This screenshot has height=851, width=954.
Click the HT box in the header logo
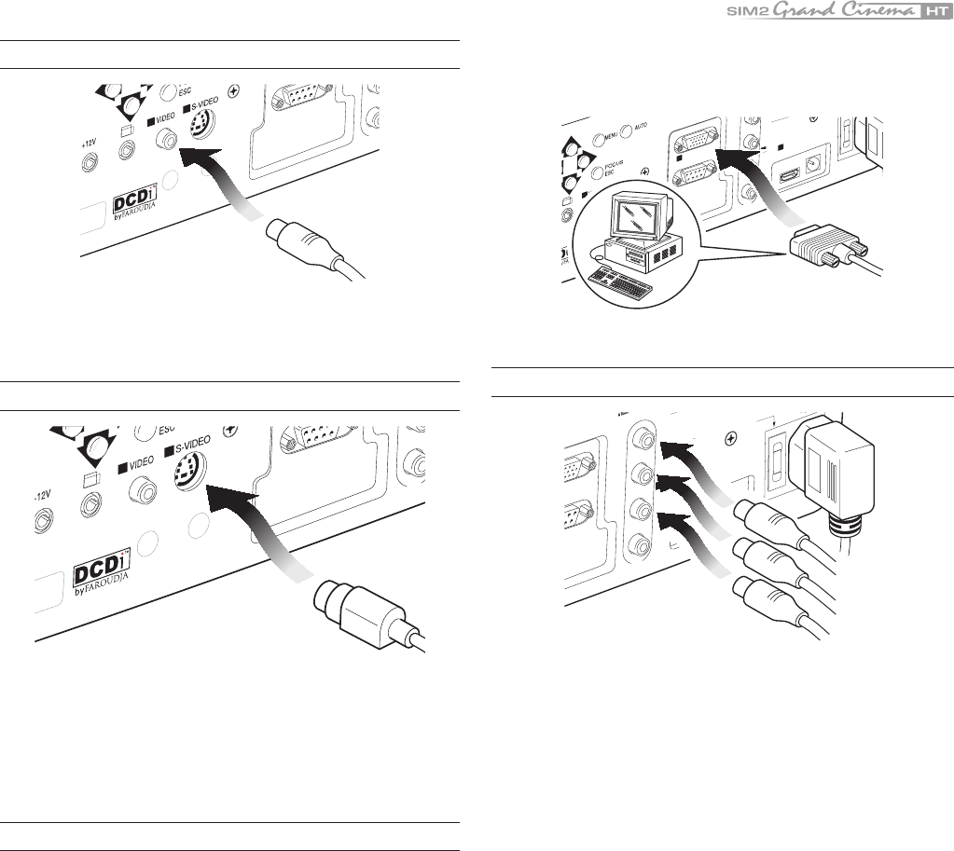(x=932, y=12)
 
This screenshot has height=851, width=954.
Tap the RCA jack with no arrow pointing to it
(x=643, y=543)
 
